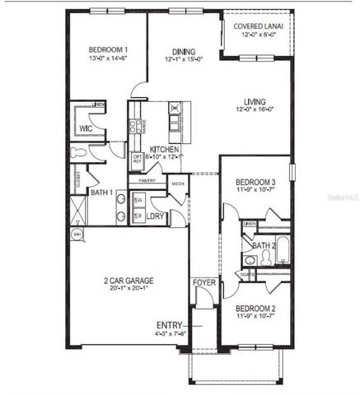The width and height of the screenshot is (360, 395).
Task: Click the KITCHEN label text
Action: pyautogui.click(x=166, y=150)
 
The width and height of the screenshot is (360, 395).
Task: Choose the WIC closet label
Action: pyautogui.click(x=86, y=129)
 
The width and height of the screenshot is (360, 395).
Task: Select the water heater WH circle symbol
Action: pyautogui.click(x=77, y=234)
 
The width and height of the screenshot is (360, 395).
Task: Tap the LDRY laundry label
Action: pyautogui.click(x=156, y=216)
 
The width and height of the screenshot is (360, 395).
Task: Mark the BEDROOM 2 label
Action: pyautogui.click(x=255, y=309)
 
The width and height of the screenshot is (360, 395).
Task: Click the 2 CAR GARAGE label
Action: pyautogui.click(x=129, y=281)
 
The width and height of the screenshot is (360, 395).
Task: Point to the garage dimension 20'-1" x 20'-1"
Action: pyautogui.click(x=129, y=289)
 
